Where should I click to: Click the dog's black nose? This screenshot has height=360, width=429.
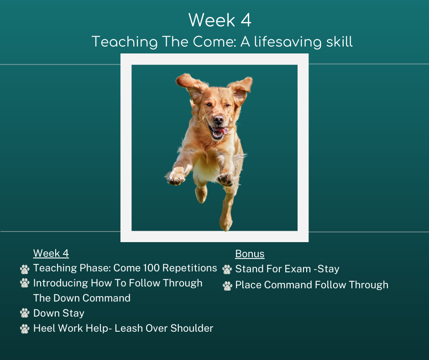(x=218, y=119)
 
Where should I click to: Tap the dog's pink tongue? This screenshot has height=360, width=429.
(x=220, y=130)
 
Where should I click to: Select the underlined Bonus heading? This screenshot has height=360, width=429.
(x=250, y=254)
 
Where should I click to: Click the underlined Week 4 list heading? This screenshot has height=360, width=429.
(x=51, y=254)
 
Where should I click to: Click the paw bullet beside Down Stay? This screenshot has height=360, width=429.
(x=25, y=313)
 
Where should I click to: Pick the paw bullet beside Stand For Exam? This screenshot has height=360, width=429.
(x=227, y=270)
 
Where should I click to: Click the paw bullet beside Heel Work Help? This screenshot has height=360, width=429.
(x=25, y=329)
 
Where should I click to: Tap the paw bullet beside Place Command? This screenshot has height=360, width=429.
(x=227, y=286)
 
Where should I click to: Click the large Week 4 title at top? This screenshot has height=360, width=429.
(x=220, y=20)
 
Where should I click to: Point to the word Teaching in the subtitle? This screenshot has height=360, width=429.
(x=125, y=42)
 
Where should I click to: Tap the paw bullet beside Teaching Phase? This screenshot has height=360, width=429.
(x=25, y=269)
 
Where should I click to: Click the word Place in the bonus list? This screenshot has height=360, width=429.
(x=248, y=285)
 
